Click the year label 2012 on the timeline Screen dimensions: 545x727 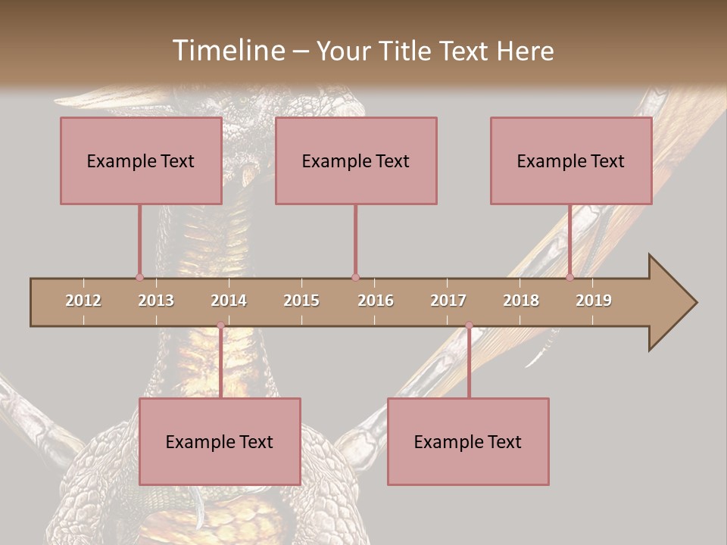point(83,301)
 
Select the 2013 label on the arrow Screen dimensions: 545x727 point(156,301)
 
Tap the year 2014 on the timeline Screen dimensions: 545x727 point(229,301)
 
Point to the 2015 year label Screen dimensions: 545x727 point(301,301)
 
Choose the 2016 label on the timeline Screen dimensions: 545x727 point(376,301)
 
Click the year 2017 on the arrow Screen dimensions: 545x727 point(448,301)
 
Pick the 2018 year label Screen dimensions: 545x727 point(521,301)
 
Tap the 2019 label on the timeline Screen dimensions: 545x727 point(594,301)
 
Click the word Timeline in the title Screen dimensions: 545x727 point(228,51)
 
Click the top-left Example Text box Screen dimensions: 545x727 point(141,160)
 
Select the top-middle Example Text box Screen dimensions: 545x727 point(356,160)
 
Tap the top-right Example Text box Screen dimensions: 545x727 point(571,160)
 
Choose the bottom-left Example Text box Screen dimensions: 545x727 point(220,441)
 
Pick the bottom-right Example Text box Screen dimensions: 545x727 point(468,441)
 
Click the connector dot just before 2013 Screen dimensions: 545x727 point(139,277)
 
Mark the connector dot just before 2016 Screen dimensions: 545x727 point(355,277)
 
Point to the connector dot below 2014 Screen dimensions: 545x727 point(220,325)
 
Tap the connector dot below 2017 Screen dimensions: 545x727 point(469,325)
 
